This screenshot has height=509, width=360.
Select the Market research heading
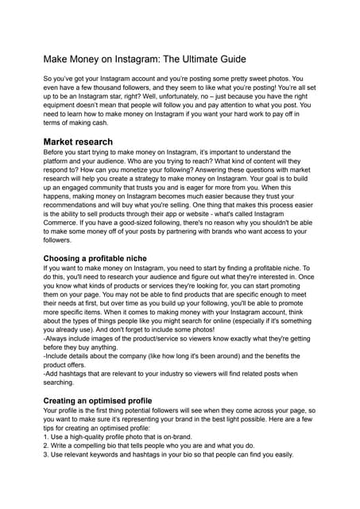pyautogui.click(x=78, y=142)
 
